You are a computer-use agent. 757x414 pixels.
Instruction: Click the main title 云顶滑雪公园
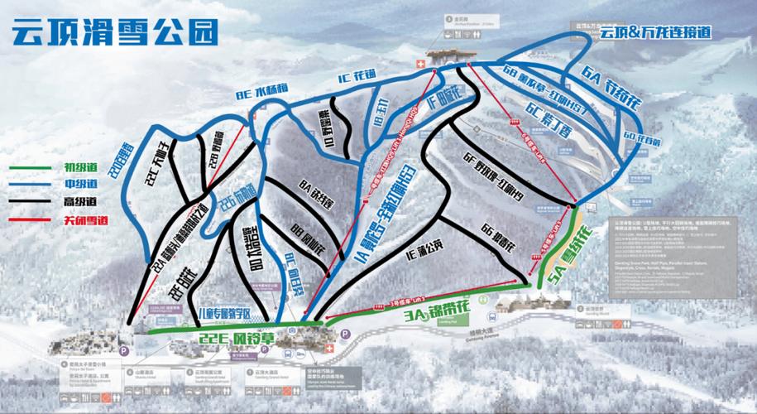pyautogui.click(x=115, y=32)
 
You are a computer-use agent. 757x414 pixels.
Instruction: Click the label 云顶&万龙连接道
pyautogui.click(x=656, y=33)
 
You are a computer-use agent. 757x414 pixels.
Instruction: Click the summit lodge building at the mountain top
pyautogui.click(x=449, y=55)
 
